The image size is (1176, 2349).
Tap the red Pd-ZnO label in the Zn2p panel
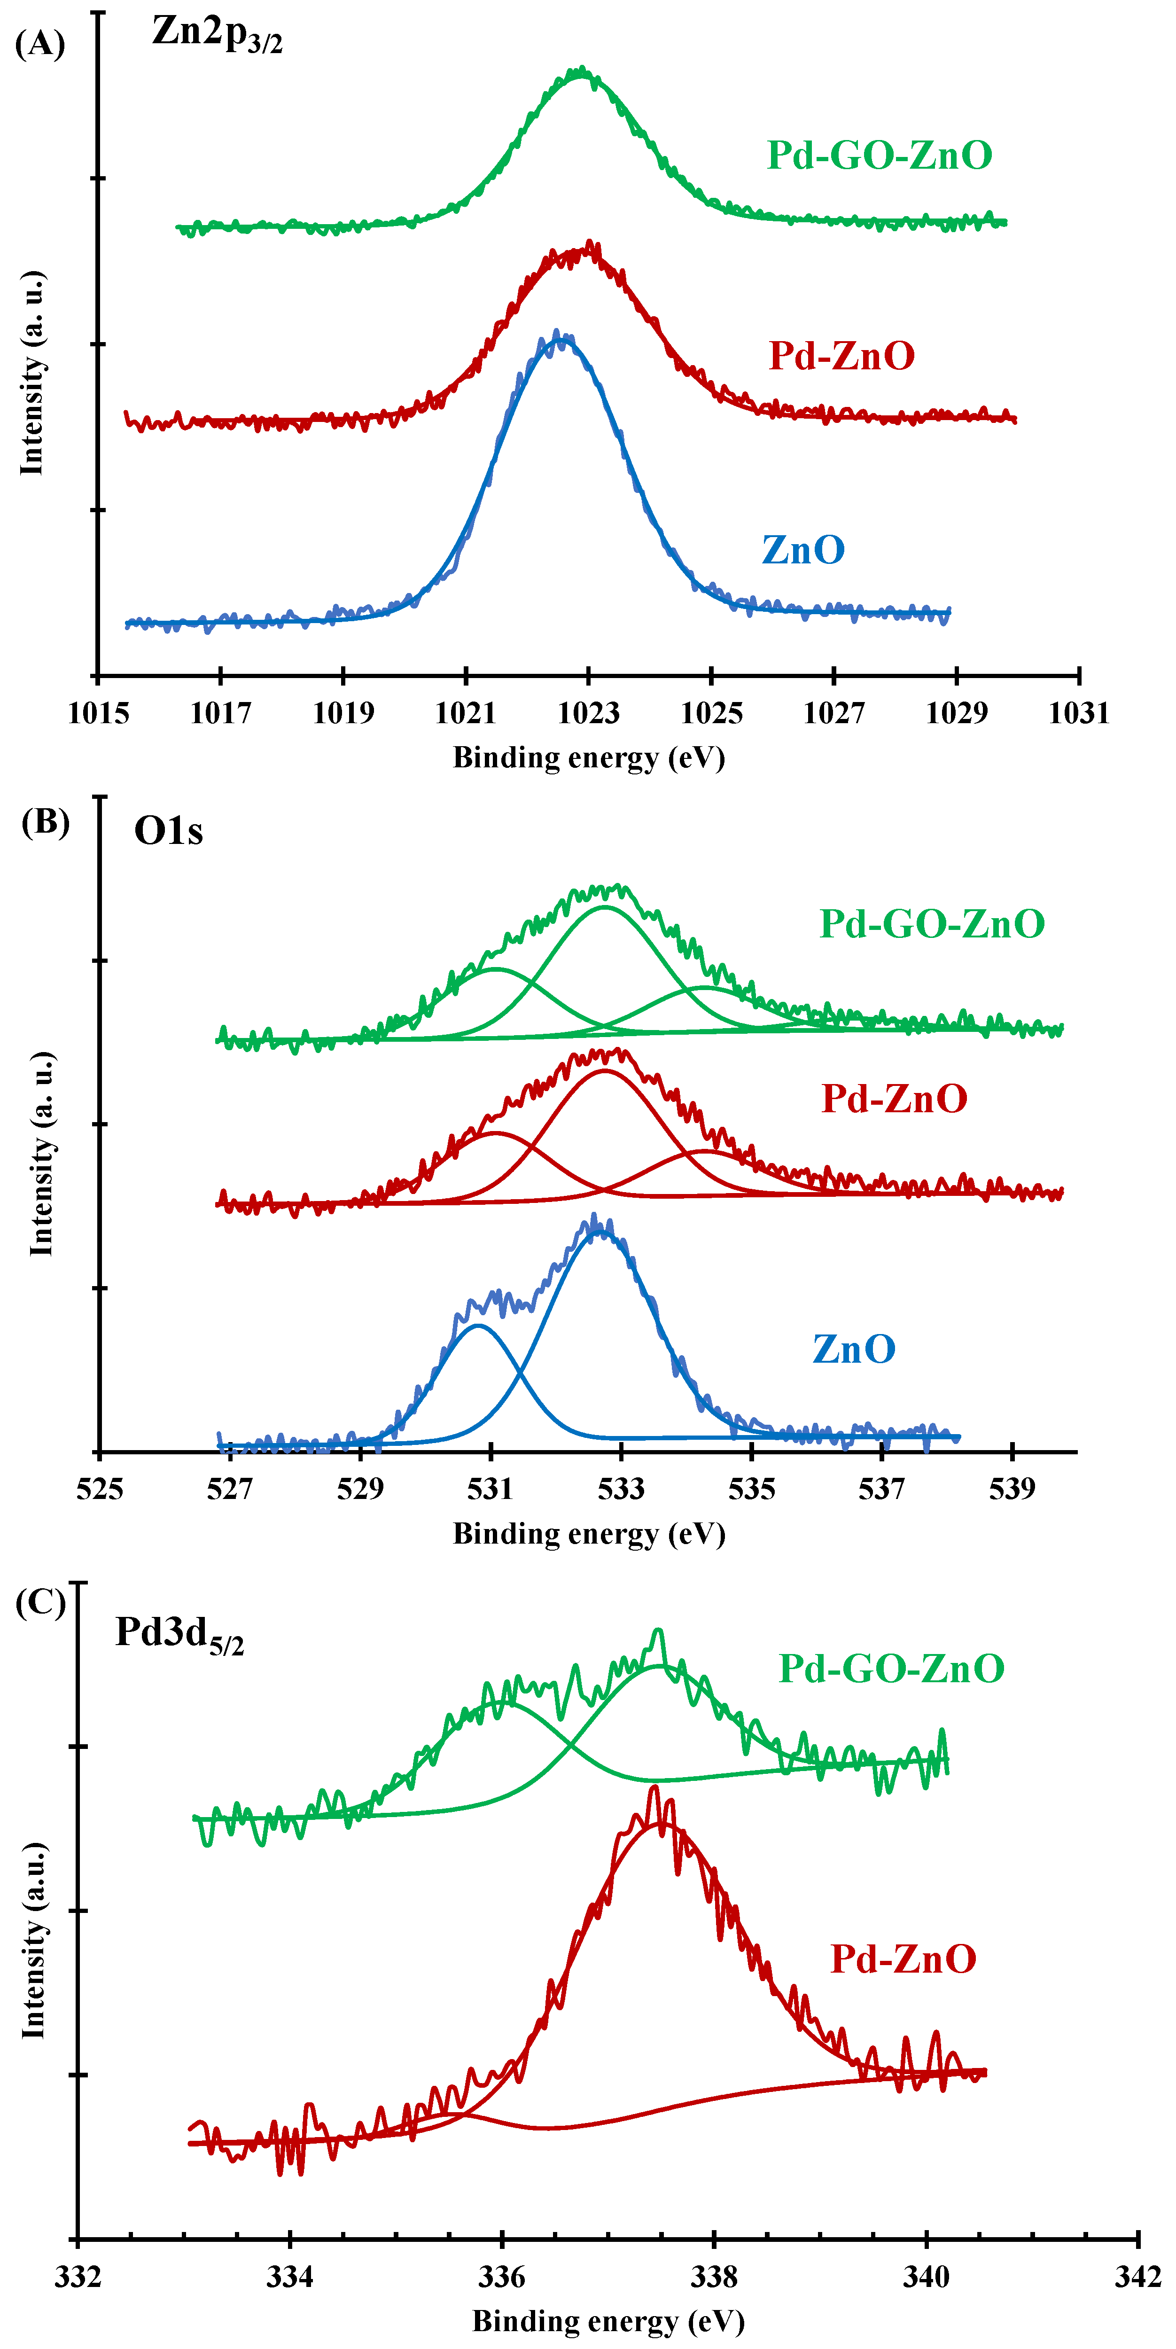tap(841, 356)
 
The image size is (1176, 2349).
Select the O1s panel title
tap(169, 831)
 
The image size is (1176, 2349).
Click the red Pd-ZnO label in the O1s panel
tap(894, 1099)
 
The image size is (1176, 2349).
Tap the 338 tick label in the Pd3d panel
tap(714, 2277)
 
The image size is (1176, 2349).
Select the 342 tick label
tap(1138, 2277)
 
